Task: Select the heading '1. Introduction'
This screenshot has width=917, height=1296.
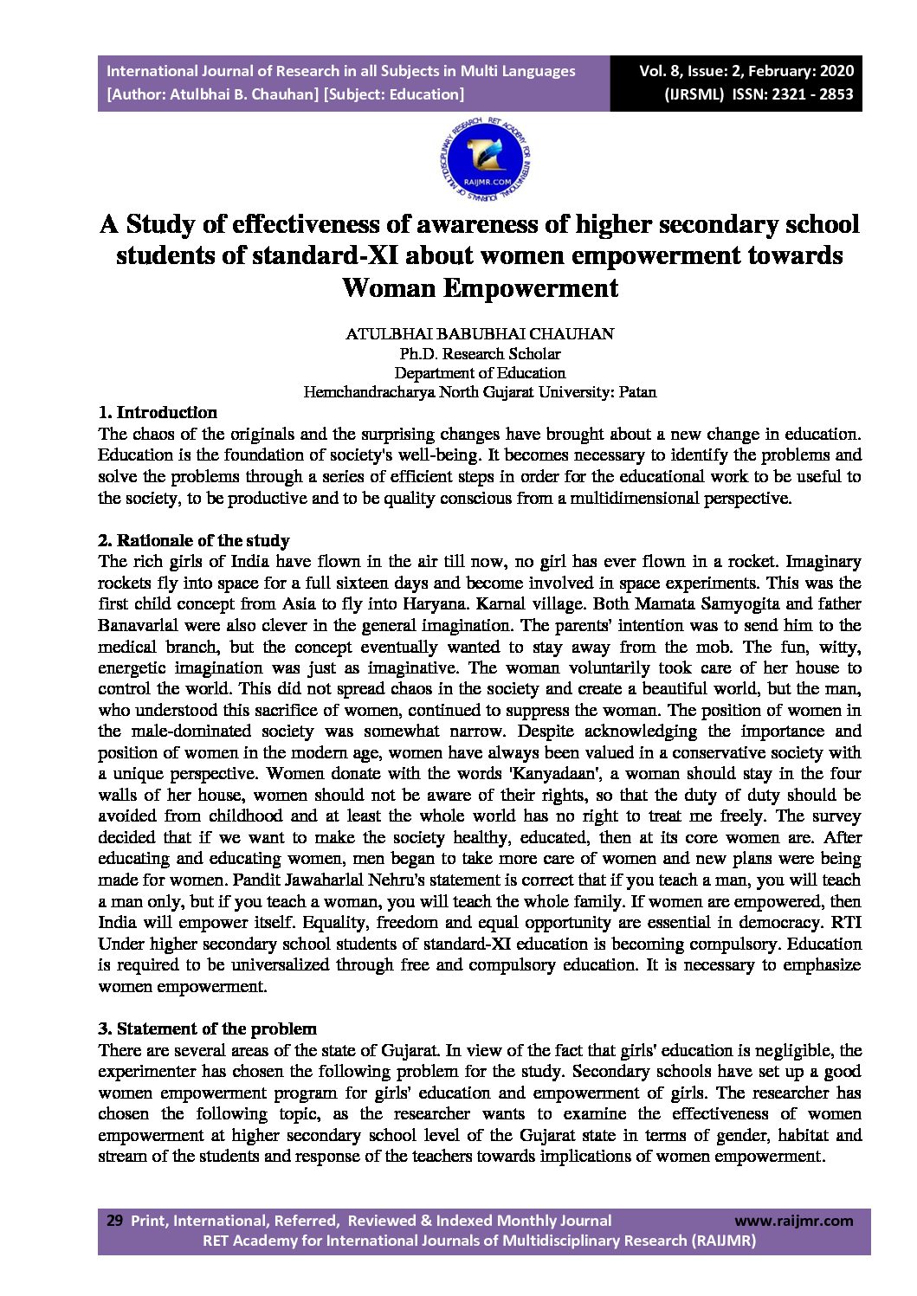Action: tap(158, 412)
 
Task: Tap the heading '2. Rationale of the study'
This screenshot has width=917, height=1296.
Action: tap(194, 540)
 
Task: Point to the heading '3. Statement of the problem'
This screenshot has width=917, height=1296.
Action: tap(207, 1028)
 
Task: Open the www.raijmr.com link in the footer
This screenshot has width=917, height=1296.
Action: tap(793, 1221)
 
